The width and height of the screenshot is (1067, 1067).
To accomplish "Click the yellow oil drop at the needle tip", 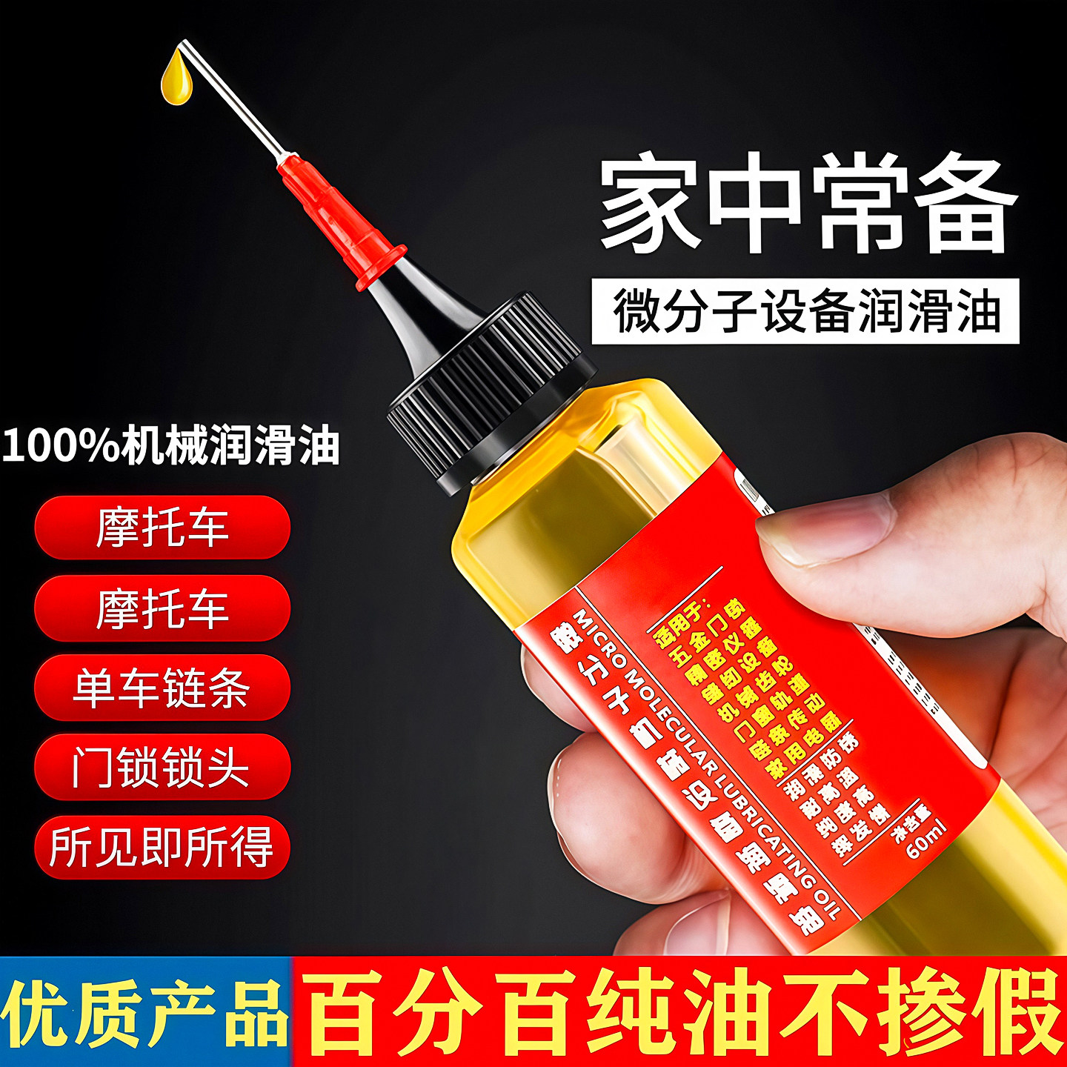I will point(176,77).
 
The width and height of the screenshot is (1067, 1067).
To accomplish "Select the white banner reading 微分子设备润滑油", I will point(805,311).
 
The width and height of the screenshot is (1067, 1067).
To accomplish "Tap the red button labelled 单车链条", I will point(162,688).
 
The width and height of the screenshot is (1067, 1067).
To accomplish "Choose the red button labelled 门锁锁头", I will point(162,767).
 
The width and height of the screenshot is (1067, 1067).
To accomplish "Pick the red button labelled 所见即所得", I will point(162,846).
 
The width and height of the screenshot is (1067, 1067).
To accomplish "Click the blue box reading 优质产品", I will point(145,1012).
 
